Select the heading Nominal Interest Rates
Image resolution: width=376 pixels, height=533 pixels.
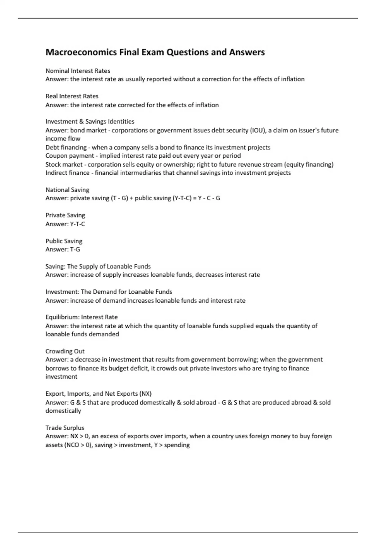78,71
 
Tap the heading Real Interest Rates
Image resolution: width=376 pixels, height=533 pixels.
72,96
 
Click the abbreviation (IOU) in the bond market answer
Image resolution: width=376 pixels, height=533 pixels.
257,130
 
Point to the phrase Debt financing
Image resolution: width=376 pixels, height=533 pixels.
66,147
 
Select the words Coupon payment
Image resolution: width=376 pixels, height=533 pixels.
70,156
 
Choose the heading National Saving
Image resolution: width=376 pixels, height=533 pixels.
67,190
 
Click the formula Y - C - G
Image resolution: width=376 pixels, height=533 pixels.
209,198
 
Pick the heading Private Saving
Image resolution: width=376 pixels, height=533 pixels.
65,215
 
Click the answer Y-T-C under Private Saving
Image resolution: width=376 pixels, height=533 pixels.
77,224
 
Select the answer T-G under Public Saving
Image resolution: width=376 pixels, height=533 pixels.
75,249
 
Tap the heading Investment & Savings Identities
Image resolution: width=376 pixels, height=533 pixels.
90,122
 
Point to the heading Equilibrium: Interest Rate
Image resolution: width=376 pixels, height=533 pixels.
81,317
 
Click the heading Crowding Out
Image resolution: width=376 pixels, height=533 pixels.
65,351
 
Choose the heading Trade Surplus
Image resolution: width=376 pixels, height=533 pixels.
65,428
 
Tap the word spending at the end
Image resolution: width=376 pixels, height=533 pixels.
177,445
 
